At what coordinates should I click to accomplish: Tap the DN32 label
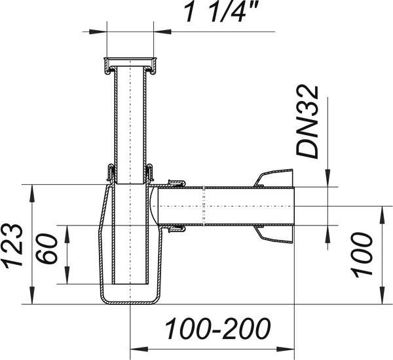pyautogui.click(x=308, y=122)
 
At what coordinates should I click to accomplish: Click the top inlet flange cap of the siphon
pyautogui.click(x=130, y=66)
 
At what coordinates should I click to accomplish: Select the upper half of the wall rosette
pyautogui.click(x=274, y=178)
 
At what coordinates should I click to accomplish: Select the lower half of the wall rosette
pyautogui.click(x=274, y=234)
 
